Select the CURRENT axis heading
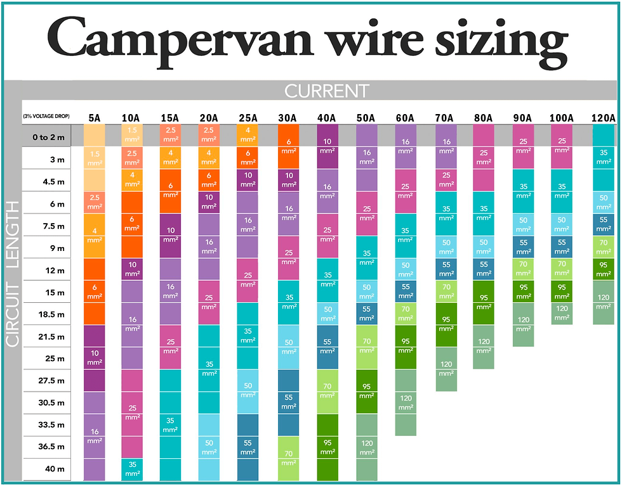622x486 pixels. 326,91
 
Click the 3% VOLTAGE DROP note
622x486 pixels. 46,117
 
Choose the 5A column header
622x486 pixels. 94,117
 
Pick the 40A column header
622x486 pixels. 328,117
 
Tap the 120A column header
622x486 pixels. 602,117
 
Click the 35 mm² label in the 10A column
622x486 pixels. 133,468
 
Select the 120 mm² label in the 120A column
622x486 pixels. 602,300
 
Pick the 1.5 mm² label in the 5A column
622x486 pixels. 94,158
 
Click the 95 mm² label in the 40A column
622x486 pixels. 328,447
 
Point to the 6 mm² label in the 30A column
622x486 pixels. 289,147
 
